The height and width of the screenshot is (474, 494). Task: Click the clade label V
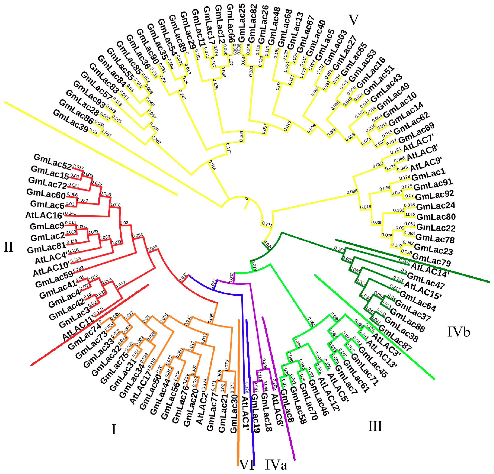coord(353,19)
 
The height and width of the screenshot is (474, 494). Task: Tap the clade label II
coord(9,247)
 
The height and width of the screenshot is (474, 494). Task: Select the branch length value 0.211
coord(267,224)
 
